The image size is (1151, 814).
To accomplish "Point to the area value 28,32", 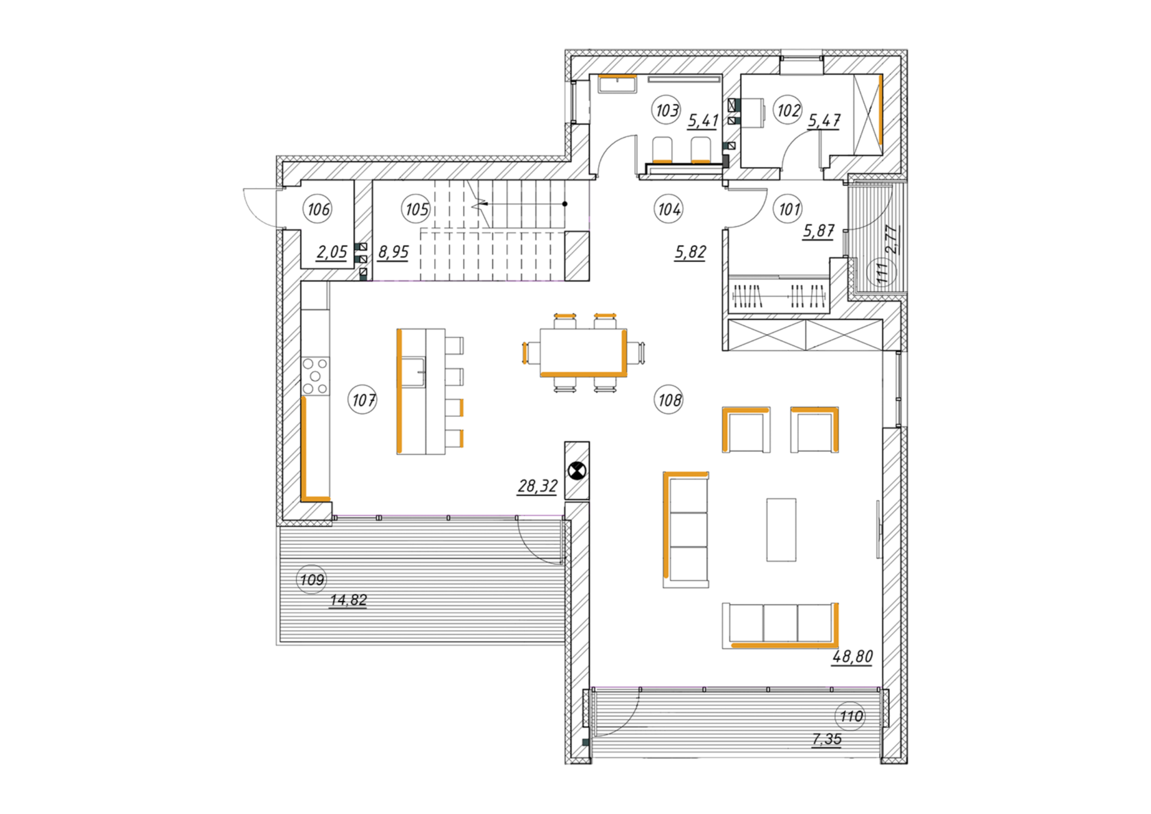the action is tap(537, 486).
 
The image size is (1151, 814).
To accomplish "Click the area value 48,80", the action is tap(852, 656).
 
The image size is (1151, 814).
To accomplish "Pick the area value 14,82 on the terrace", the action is tap(348, 600).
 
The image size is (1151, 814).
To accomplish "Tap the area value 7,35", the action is tap(827, 739).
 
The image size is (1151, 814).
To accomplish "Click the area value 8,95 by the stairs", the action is tap(393, 252).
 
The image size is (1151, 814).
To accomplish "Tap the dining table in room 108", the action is tap(583, 353).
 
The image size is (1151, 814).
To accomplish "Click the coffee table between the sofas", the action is tap(781, 529).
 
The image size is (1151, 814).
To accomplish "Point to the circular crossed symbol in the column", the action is tap(577, 471).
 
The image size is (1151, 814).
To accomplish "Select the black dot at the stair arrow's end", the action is tap(565, 204).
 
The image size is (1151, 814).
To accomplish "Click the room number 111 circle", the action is tap(881, 271).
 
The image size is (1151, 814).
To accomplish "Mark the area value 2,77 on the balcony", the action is tap(892, 240).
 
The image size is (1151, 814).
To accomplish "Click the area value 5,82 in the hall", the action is tap(691, 252).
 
